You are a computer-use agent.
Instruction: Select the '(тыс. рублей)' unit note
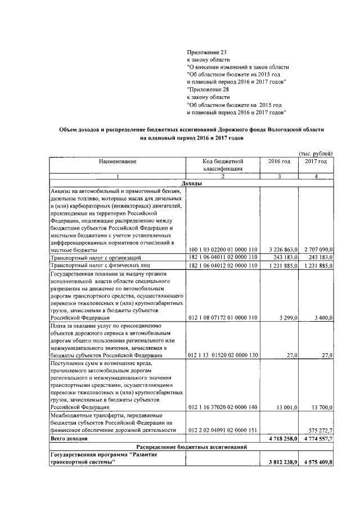316,154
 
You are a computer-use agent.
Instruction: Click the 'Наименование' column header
118,162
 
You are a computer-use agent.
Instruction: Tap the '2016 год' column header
279,162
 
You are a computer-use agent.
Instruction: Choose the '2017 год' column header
316,162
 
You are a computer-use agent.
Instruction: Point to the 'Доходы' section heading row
192,184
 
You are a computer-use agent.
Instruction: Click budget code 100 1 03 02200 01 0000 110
223,249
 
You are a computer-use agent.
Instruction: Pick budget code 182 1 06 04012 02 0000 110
223,265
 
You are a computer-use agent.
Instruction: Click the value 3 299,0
286,318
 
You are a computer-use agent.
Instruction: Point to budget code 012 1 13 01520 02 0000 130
223,355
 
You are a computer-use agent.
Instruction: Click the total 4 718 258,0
281,438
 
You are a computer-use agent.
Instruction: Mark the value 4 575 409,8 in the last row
317,462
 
